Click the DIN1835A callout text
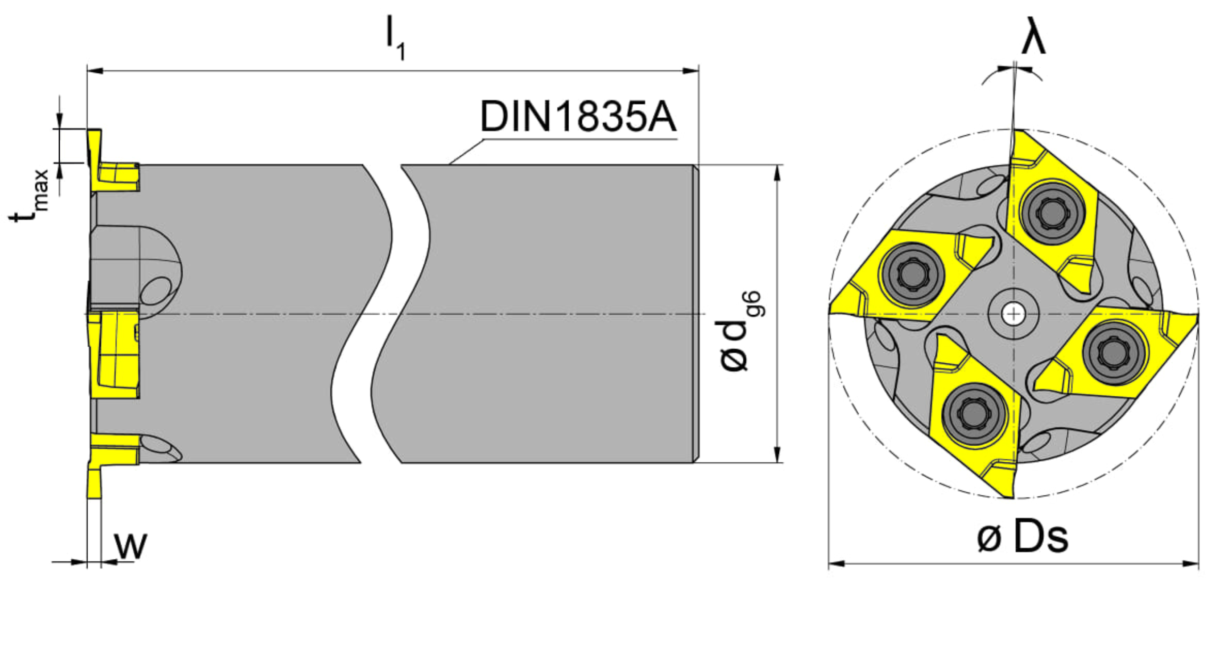[x=578, y=117]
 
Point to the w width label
[x=131, y=545]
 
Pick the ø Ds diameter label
[x=1022, y=537]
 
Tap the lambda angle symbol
[x=1033, y=36]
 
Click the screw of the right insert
[x=1114, y=352]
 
